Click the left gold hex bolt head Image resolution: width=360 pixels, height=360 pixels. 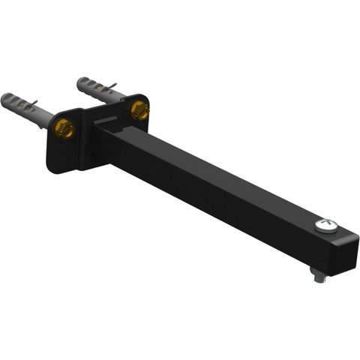coord(64,128)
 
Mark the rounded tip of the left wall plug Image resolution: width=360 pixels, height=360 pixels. coord(6,98)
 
